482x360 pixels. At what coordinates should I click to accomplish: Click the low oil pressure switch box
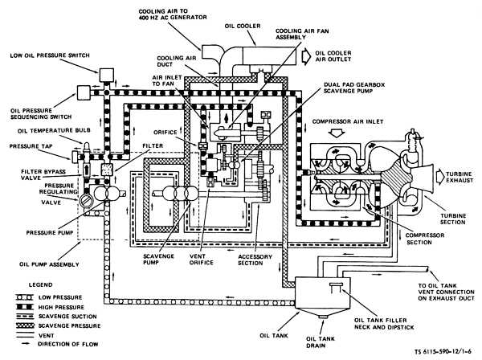[107, 75]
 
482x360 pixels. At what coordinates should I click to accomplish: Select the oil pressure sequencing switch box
[84, 92]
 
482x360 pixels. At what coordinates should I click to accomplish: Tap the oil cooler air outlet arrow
[306, 56]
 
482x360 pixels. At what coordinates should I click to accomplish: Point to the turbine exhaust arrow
[440, 176]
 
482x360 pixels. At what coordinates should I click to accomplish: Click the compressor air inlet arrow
[337, 133]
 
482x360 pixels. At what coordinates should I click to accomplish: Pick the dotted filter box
[107, 170]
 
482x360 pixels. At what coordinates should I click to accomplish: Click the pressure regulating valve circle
[85, 200]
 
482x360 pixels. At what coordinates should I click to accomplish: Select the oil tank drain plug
[323, 317]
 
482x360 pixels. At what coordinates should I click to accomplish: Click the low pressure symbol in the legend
[24, 297]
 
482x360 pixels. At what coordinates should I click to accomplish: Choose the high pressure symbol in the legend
[24, 307]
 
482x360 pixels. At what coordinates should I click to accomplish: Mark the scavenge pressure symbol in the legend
[24, 325]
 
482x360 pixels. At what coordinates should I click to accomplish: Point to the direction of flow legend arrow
[24, 344]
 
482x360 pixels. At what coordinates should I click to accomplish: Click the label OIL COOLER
[243, 27]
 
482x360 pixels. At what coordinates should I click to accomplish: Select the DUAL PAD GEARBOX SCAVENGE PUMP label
[354, 88]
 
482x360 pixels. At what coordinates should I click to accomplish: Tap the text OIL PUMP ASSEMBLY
[49, 264]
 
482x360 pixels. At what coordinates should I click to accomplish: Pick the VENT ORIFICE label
[202, 260]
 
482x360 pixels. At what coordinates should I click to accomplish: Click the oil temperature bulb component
[87, 149]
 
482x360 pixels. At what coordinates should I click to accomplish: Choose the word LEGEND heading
[41, 284]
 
